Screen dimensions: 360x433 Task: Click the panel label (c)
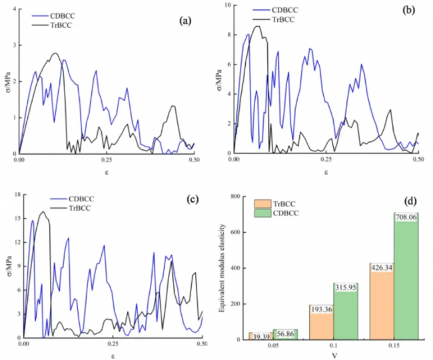point(186,203)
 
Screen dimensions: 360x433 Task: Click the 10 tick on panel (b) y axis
point(227,5)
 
